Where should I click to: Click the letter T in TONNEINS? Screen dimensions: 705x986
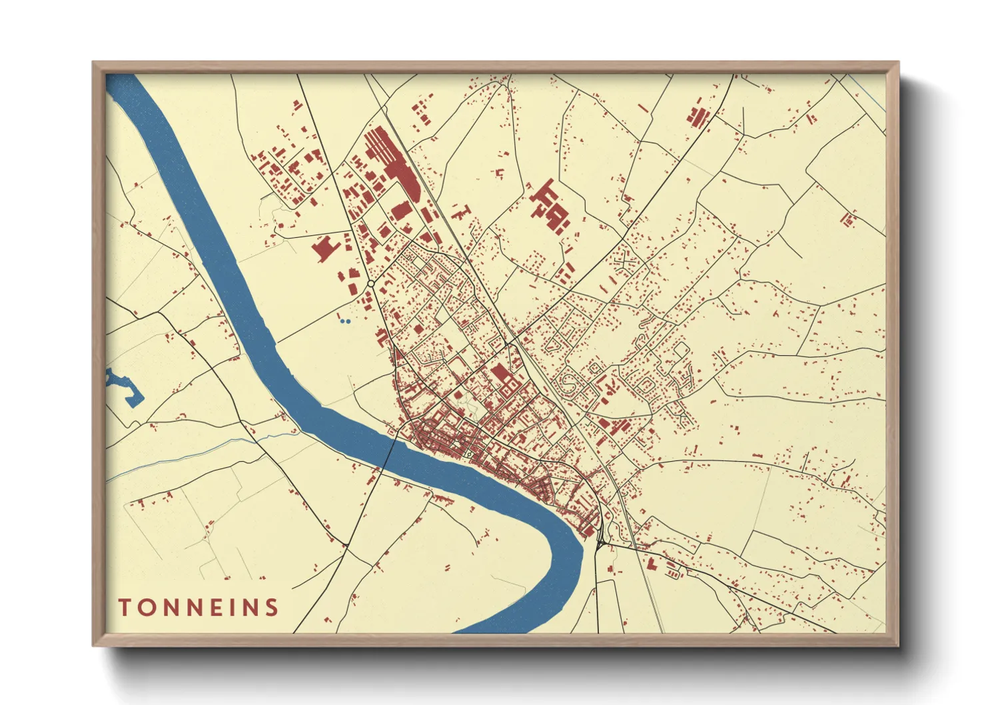tap(124, 607)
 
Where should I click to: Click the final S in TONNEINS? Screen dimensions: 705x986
tap(271, 607)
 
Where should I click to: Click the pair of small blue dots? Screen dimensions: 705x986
tap(344, 321)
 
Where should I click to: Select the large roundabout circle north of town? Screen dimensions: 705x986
tap(370, 284)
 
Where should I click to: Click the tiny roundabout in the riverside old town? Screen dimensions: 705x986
tap(469, 454)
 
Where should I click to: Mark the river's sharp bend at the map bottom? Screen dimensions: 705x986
tap(566, 560)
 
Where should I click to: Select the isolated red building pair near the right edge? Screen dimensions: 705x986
tap(848, 219)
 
